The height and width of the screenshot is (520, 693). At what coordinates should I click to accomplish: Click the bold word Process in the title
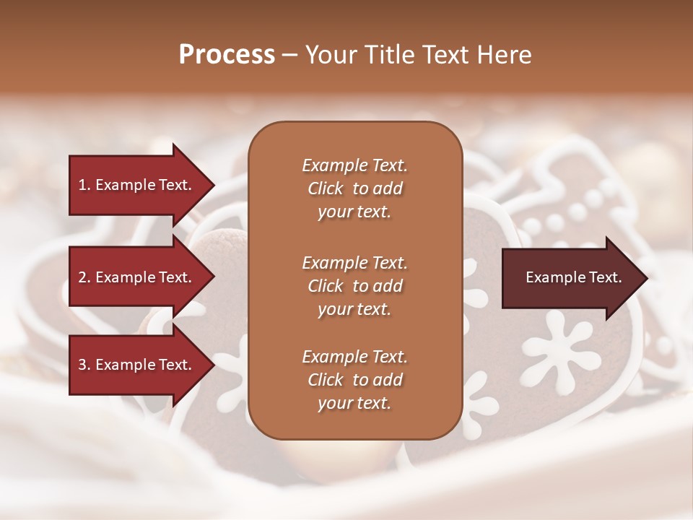click(227, 55)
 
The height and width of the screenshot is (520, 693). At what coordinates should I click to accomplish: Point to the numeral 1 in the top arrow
click(82, 185)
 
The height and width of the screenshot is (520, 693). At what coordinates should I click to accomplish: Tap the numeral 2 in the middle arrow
click(82, 277)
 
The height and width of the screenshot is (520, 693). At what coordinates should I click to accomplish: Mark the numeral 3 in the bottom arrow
click(82, 365)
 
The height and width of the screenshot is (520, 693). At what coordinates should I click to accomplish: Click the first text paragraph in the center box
click(354, 188)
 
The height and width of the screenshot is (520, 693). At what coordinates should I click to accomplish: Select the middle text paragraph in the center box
click(354, 286)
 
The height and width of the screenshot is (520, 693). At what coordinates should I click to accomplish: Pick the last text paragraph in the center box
click(354, 380)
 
